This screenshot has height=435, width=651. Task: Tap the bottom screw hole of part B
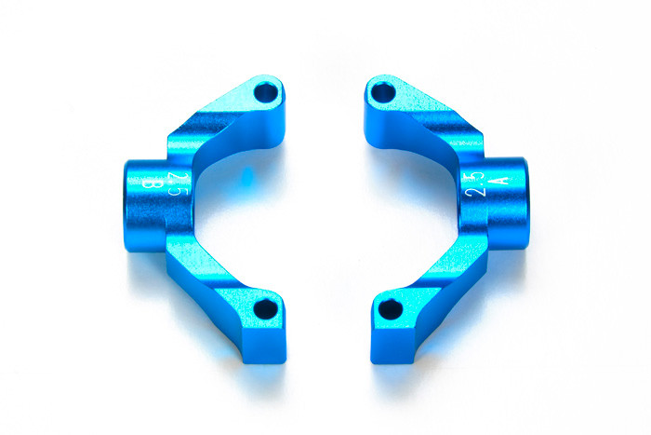click(267, 308)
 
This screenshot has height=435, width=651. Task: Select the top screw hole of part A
click(382, 91)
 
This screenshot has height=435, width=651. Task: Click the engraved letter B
click(155, 184)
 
